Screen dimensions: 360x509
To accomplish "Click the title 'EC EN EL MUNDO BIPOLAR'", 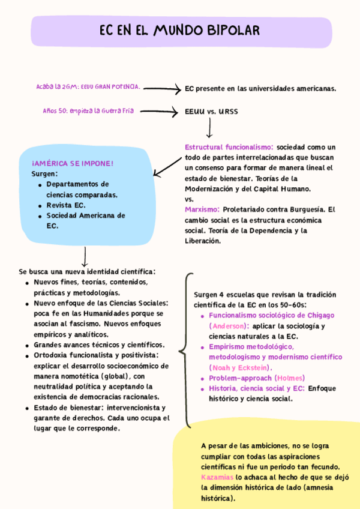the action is click(180, 31).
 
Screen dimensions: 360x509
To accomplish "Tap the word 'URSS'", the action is click(228, 112).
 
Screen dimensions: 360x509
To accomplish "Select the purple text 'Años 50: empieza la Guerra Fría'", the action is click(88, 111).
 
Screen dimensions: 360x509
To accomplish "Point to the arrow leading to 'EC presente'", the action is click(162, 89).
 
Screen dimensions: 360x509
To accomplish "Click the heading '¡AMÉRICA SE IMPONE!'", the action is click(73, 163).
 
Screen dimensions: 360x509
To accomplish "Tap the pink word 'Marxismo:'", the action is click(202, 209).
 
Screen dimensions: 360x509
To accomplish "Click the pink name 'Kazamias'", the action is click(217, 477).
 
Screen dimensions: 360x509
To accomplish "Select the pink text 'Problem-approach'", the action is click(240, 378).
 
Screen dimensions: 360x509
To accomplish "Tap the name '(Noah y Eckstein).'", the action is click(240, 367).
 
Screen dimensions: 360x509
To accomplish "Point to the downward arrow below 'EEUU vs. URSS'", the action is click(209, 128).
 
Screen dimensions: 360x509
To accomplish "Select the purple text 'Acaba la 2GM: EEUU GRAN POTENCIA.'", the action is click(88, 87).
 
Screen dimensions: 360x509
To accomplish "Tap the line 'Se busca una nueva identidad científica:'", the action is click(88, 271).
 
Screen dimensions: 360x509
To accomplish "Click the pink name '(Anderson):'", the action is click(229, 326).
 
